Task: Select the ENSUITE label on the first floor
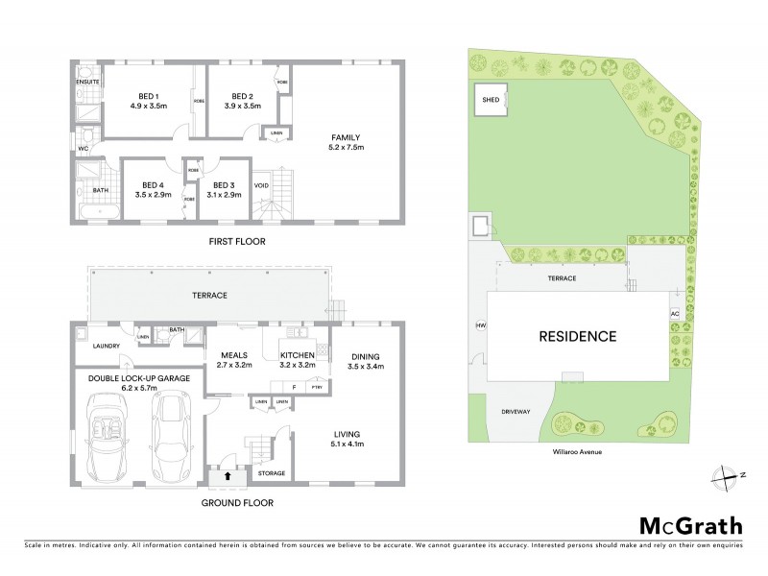tap(88, 83)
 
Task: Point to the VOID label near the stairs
tap(261, 185)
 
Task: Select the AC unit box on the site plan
tap(674, 314)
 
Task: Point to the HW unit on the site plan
tap(481, 325)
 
